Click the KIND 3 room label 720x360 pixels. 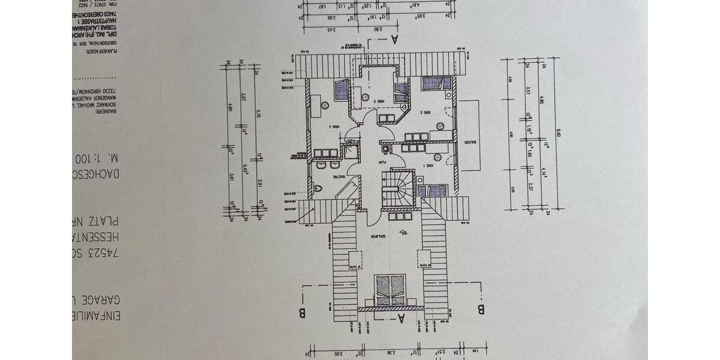coord(377,101)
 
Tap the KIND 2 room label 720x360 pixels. coord(425,112)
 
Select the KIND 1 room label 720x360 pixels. coord(425,166)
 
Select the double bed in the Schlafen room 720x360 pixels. coord(390,290)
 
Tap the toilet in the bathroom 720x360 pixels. coord(319,189)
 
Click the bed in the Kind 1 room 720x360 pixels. coord(433,190)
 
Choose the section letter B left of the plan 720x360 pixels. coord(303,311)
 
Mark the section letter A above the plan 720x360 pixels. coord(394,40)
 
